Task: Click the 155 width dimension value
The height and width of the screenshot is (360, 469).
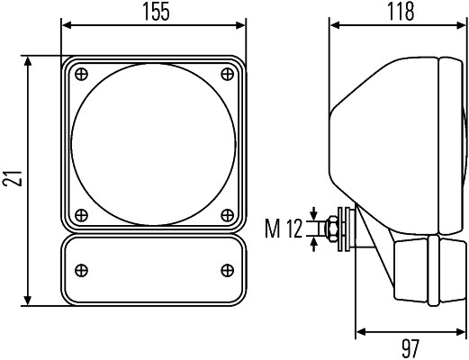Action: [156, 12]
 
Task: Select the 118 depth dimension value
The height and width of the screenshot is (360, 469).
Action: [401, 12]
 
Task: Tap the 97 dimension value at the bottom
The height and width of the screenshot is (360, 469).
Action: [410, 349]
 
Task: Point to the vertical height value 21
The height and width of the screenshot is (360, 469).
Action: [13, 178]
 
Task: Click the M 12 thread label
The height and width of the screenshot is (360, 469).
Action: [284, 229]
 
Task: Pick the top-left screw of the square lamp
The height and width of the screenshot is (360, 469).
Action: [81, 74]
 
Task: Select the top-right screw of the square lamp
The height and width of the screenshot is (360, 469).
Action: [227, 74]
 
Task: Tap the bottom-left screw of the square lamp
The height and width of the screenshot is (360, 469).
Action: [81, 215]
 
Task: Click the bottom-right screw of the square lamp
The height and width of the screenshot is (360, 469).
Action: [227, 215]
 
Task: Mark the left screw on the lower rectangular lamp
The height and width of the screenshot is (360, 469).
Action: [81, 270]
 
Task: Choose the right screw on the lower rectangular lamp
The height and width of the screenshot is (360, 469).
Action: [227, 270]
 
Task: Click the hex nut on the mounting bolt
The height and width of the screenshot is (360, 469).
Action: [332, 229]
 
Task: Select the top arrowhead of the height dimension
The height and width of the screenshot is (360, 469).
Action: [28, 62]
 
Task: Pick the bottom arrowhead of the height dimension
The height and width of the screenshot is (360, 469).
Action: [28, 300]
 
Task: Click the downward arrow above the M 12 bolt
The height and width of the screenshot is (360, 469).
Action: [313, 214]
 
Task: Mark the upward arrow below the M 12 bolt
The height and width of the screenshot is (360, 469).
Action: [313, 244]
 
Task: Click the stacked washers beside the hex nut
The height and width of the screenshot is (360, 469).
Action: [344, 229]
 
